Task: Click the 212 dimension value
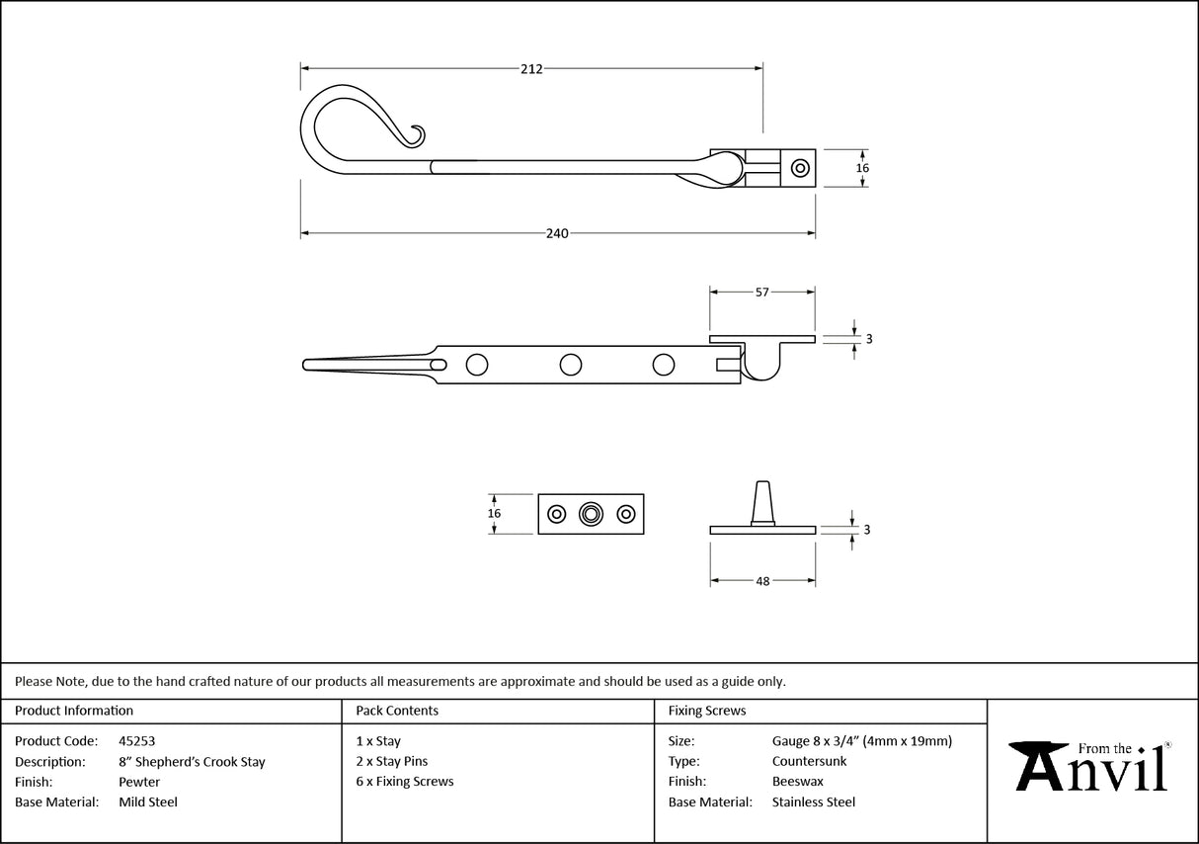coord(531,68)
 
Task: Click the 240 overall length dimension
coord(557,233)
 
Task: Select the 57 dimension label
coord(762,292)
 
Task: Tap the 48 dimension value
coord(762,581)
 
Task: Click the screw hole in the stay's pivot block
coord(800,168)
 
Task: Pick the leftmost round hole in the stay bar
coord(477,365)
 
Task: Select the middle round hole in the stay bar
coord(570,365)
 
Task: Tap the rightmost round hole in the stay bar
coord(664,365)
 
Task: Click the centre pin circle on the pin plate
coord(591,514)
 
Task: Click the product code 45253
coord(136,741)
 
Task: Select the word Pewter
coord(139,782)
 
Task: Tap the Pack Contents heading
coord(397,711)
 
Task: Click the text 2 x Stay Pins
coord(392,761)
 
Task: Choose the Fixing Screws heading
coord(707,711)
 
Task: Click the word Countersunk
coord(809,761)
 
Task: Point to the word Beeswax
coord(797,782)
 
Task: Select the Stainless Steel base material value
coord(813,802)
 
